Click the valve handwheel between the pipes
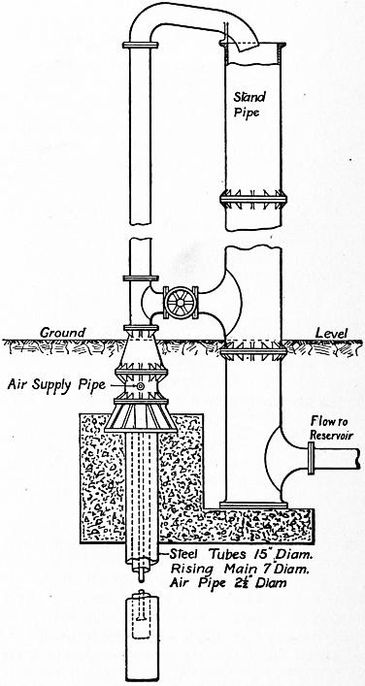[180, 303]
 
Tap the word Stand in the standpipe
[247, 96]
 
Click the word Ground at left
[63, 333]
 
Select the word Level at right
[332, 334]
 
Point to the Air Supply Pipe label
[57, 385]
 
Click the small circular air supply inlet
[141, 386]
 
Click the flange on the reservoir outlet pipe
[312, 458]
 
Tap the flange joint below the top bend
[140, 45]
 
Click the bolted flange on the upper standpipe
[253, 200]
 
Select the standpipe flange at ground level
[253, 350]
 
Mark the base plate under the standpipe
[253, 506]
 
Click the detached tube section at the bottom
[141, 634]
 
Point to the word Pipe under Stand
[247, 114]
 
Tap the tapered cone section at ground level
[141, 349]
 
